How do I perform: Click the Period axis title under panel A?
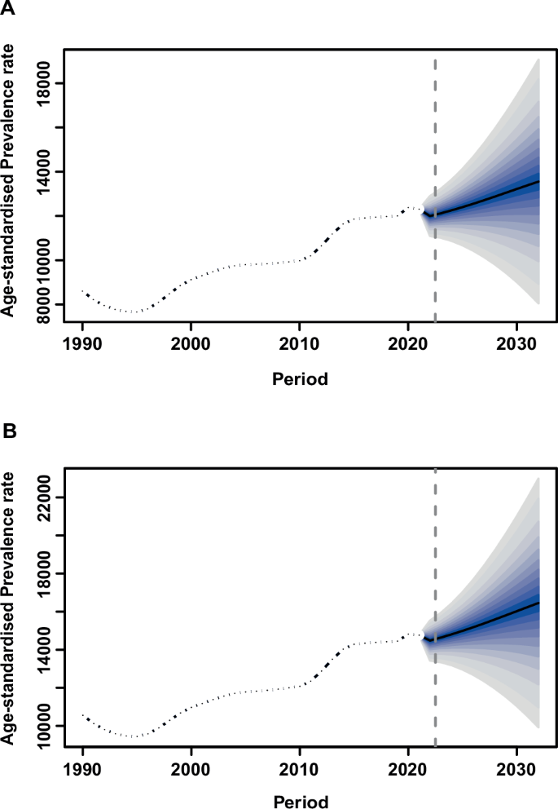[x=300, y=378]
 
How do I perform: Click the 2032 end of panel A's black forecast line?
[x=538, y=181]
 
